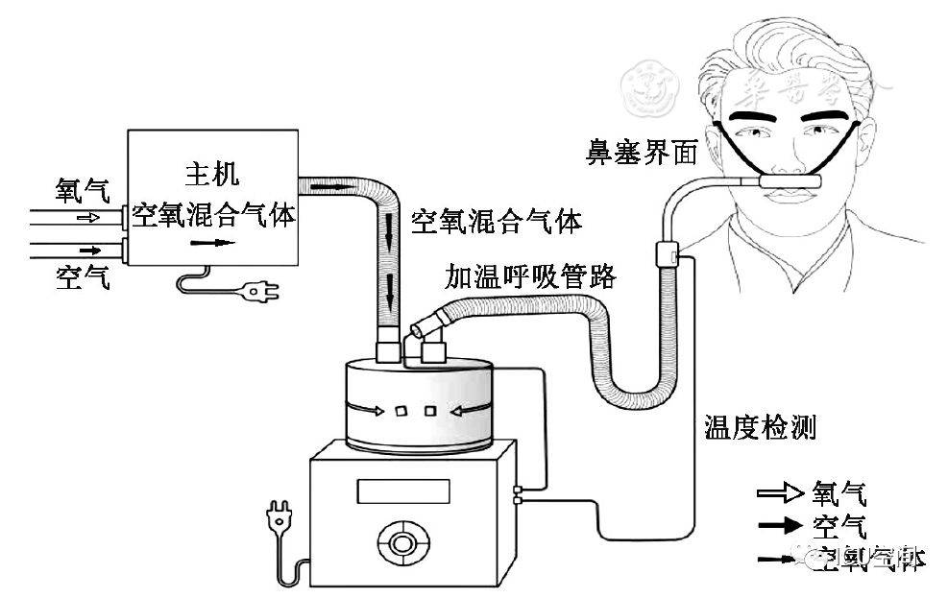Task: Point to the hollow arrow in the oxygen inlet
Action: click(x=87, y=218)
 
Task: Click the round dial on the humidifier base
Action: click(x=399, y=541)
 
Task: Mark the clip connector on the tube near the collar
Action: click(x=666, y=254)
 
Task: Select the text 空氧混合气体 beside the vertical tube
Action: click(x=496, y=222)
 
